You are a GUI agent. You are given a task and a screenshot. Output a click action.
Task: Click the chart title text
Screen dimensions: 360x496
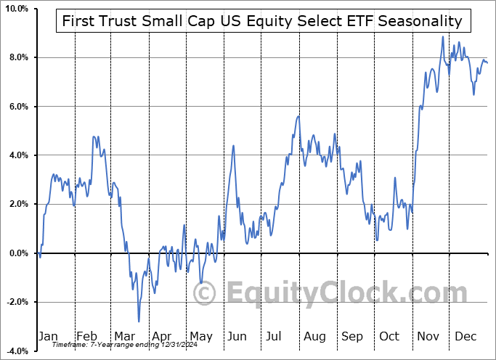pos(262,21)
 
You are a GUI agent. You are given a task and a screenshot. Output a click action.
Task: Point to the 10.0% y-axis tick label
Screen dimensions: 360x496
pos(15,9)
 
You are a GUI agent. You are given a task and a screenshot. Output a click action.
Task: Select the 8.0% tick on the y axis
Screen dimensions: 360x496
pos(17,57)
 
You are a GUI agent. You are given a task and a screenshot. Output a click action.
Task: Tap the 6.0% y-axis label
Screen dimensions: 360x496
pos(17,107)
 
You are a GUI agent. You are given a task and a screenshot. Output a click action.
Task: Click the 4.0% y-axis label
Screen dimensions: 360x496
pos(17,155)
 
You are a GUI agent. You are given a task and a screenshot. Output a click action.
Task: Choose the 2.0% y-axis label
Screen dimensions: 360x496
pos(17,204)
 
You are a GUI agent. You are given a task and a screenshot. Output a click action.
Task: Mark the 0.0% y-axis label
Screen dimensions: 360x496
pos(17,253)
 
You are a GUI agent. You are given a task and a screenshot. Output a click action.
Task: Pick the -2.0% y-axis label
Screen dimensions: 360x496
pos(16,302)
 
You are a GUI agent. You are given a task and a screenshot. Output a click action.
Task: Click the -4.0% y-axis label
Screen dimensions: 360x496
pos(16,351)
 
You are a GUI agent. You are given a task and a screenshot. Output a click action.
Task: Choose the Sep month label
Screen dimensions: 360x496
pos(351,336)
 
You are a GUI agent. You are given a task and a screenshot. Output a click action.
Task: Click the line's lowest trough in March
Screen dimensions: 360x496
pos(138,321)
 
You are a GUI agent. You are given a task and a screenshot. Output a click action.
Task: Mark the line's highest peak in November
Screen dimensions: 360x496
pos(442,37)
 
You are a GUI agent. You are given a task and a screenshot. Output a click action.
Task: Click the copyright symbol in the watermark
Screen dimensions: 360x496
pos(206,293)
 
